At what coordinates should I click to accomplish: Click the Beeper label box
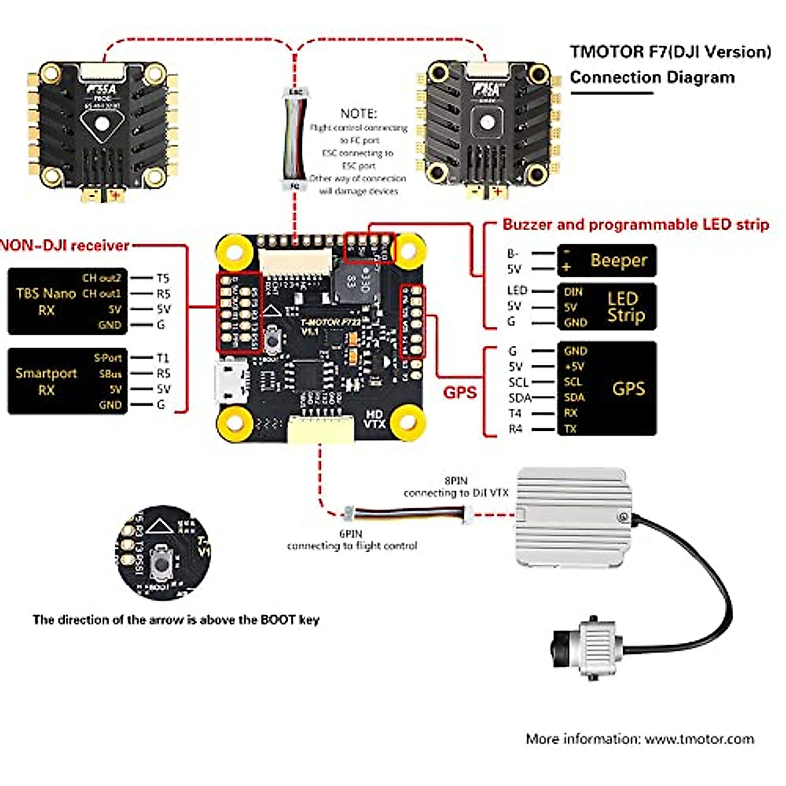pos(606,261)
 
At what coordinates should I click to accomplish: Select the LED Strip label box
pos(606,307)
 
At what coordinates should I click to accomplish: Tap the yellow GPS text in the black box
pos(628,388)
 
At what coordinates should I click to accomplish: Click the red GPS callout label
pos(460,392)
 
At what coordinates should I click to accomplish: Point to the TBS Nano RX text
pos(46,301)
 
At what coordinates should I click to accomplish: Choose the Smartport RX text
pos(46,381)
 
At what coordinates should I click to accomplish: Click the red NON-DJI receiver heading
pos(65,246)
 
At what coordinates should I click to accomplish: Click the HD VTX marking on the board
pos(374,419)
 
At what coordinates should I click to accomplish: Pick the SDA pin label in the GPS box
pos(574,398)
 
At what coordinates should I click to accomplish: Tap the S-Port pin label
pos(108,358)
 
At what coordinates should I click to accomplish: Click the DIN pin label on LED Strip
pos(572,292)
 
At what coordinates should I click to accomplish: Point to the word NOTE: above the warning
pos(358,113)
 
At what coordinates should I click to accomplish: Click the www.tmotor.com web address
pos(699,739)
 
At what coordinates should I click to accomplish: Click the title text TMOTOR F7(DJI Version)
pos(670,52)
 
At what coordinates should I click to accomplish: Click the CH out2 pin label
pos(102,278)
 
